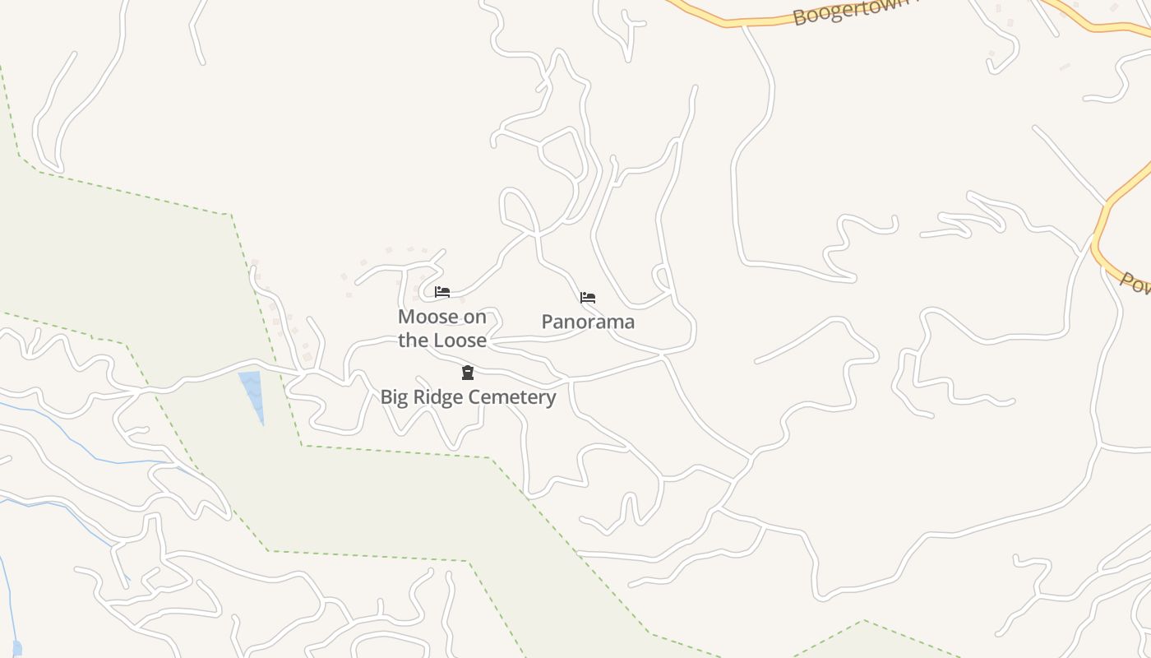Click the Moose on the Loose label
click(442, 328)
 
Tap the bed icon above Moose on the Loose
click(442, 291)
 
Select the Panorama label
click(588, 322)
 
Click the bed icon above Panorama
click(588, 298)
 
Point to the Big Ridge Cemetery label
click(468, 397)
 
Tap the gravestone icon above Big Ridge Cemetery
click(468, 373)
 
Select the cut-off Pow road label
click(1135, 285)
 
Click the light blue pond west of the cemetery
click(252, 392)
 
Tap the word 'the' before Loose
click(414, 340)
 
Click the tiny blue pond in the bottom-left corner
click(16, 649)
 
